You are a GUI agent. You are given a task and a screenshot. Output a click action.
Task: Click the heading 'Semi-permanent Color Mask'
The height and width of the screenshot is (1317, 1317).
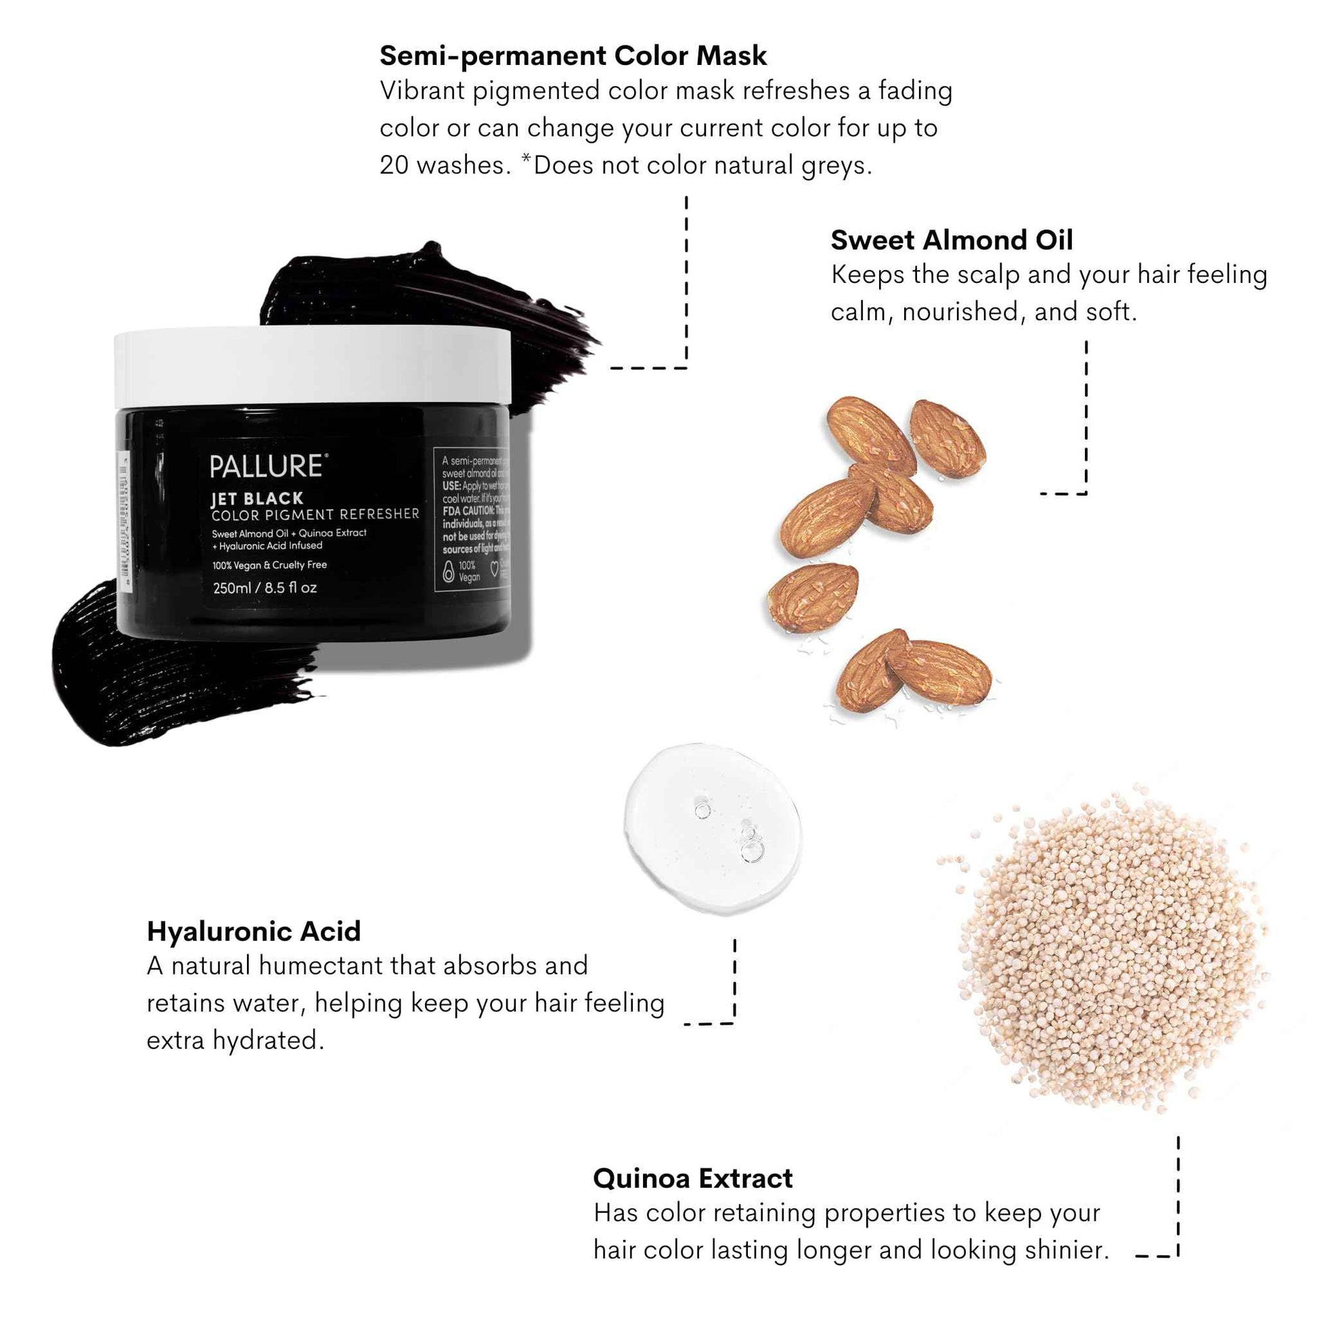tap(573, 56)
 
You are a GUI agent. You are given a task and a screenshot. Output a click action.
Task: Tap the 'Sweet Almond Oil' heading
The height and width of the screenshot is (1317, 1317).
tap(952, 240)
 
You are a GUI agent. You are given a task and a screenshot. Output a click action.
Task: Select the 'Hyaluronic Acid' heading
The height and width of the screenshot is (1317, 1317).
tap(254, 931)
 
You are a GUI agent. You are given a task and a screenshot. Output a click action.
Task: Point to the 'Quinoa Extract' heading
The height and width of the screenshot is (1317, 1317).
tap(692, 1178)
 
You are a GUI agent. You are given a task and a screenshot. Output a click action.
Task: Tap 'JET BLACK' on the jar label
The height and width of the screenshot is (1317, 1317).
tap(257, 498)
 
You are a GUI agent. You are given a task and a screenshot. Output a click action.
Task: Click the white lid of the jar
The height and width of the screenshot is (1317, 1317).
tap(312, 367)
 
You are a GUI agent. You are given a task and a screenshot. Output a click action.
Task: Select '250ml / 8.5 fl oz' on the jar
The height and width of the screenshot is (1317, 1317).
tap(265, 587)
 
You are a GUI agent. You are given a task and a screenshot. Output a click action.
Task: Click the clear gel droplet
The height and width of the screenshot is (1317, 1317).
tap(713, 828)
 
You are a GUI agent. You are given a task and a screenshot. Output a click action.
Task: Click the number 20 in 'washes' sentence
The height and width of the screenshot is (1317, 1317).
tap(393, 165)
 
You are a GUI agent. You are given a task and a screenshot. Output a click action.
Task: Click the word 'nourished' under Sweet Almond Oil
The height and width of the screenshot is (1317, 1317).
tap(960, 312)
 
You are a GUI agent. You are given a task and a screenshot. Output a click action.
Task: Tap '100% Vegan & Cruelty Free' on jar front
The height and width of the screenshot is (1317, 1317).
tap(269, 565)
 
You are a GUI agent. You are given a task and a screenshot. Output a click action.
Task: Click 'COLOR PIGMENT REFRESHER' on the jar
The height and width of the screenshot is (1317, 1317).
tap(315, 514)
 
